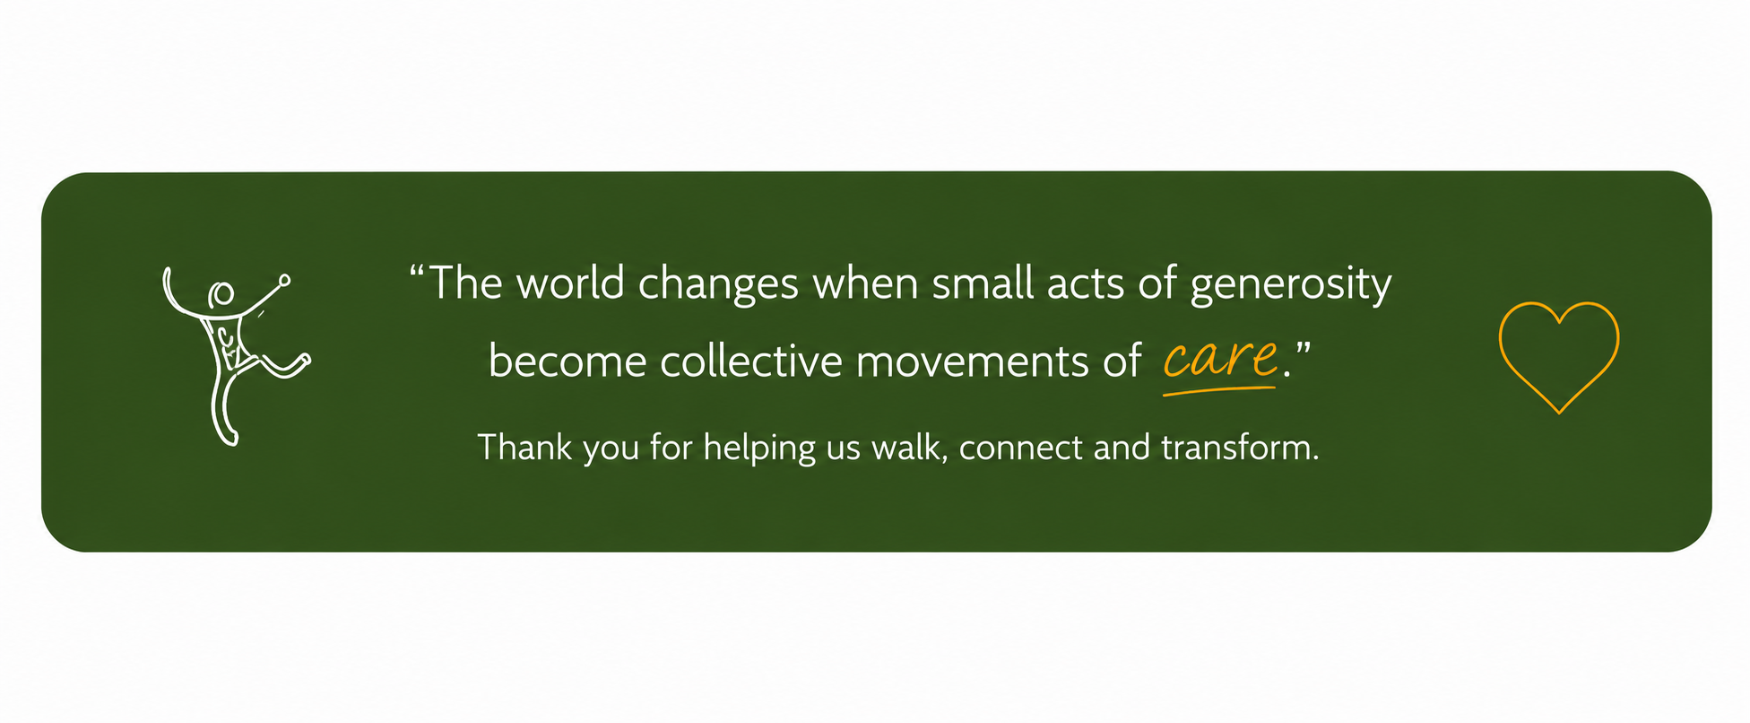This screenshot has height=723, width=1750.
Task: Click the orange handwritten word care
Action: tap(1220, 358)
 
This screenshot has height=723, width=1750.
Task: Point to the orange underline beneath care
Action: tap(1219, 390)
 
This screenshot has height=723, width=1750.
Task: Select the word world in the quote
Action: tap(570, 283)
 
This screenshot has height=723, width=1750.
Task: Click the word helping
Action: tap(759, 449)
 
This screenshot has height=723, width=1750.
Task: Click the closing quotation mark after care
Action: tap(1303, 348)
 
